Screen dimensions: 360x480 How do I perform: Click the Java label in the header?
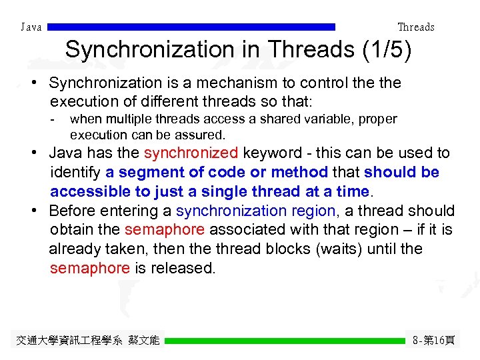(x=31, y=27)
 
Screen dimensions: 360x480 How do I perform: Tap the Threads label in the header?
(x=415, y=27)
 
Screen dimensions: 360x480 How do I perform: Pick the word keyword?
(x=269, y=153)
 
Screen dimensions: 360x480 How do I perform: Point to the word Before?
(x=73, y=211)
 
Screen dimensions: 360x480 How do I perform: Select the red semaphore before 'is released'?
(x=89, y=269)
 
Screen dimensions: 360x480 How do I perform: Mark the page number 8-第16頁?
(x=434, y=341)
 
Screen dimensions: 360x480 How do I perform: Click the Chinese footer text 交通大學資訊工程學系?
(x=69, y=341)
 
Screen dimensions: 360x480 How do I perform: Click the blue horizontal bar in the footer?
(x=285, y=341)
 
